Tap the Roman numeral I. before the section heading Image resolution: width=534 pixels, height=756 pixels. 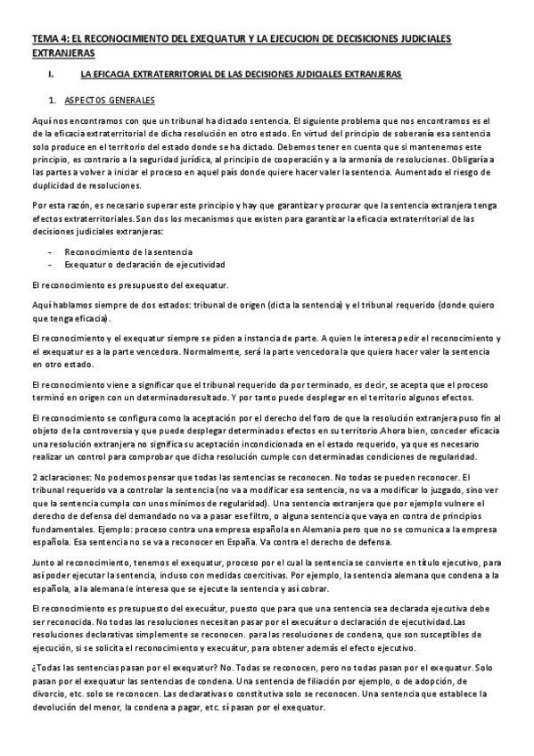pos(52,75)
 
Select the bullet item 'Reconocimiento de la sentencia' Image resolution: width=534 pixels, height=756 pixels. pos(128,252)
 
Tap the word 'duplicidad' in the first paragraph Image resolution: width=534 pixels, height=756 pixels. pos(53,185)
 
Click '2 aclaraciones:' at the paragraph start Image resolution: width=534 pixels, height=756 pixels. pos(60,479)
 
